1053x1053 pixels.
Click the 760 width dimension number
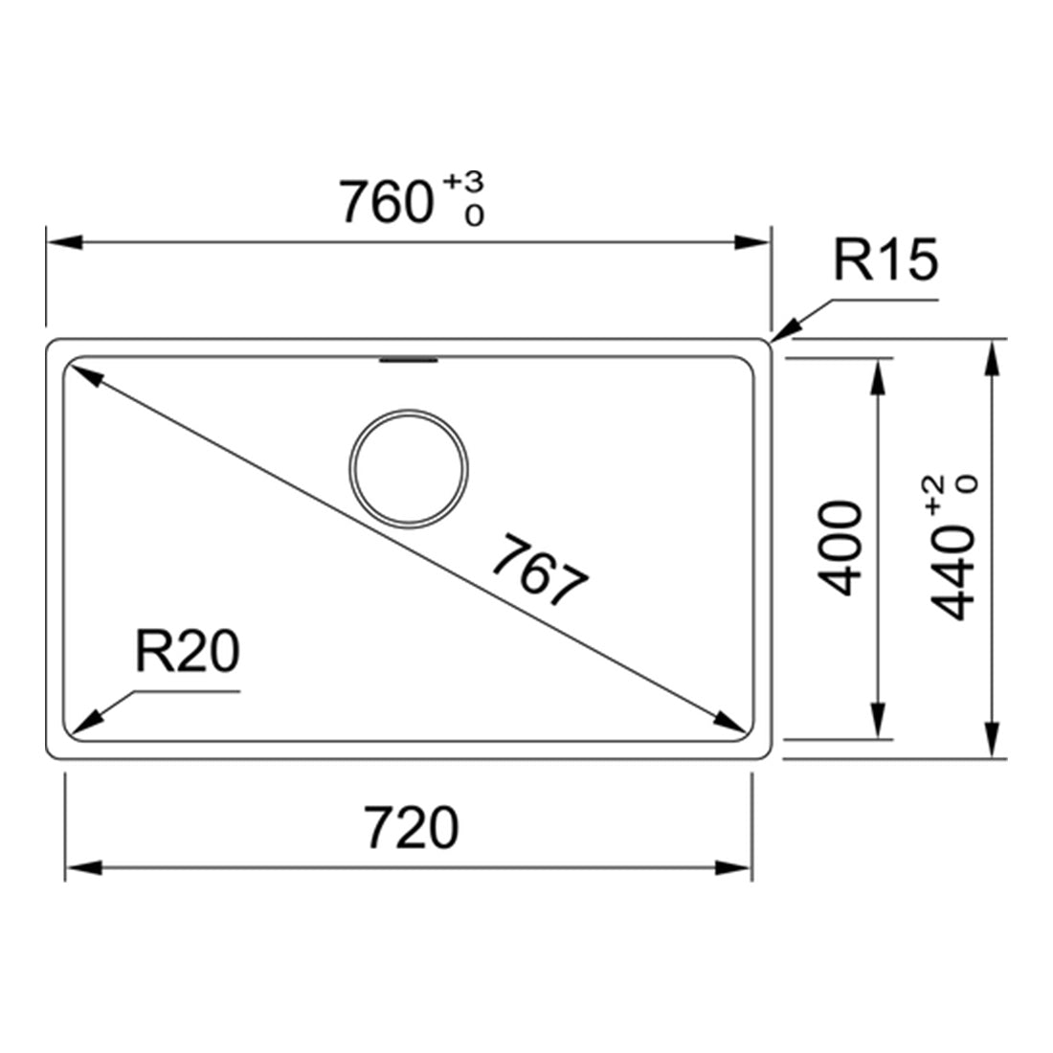[386, 201]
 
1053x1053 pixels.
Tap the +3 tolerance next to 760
[463, 182]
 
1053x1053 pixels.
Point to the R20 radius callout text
[188, 651]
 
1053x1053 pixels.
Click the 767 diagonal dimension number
[541, 570]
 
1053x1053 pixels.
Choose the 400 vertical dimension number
[840, 548]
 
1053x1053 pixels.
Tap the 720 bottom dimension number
[412, 827]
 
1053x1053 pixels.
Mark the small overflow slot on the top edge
[409, 361]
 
